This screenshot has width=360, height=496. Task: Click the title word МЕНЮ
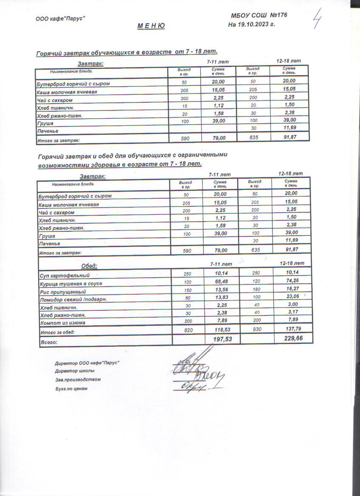(x=151, y=26)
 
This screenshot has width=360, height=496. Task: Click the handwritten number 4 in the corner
(x=316, y=19)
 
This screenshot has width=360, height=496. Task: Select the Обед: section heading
(x=89, y=266)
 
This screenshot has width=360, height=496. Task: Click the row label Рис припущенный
(x=62, y=292)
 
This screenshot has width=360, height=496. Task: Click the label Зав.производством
(x=74, y=380)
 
